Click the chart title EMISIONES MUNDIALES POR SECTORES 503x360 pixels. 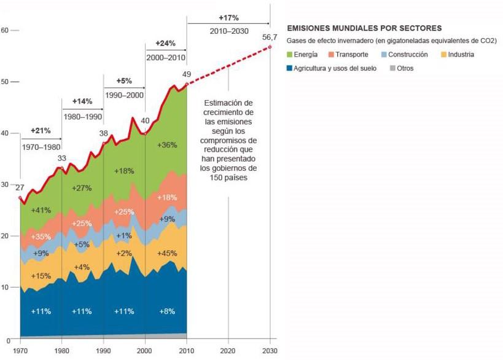click(x=364, y=28)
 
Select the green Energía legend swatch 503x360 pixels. click(x=290, y=55)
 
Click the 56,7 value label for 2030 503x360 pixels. click(x=270, y=37)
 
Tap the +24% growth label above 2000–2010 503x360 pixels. click(x=165, y=44)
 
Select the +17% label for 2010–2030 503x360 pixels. click(x=228, y=17)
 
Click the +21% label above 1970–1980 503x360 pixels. click(x=41, y=131)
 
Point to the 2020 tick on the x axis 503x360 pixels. click(x=228, y=350)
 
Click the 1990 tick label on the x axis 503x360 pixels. click(x=103, y=350)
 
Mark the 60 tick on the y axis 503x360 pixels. click(x=5, y=30)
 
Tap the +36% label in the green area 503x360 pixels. click(x=166, y=146)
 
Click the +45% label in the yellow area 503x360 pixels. click(x=166, y=237)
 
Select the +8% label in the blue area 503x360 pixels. click(x=166, y=311)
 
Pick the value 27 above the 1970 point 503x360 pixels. click(x=20, y=188)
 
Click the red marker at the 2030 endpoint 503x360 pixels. click(x=270, y=47)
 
